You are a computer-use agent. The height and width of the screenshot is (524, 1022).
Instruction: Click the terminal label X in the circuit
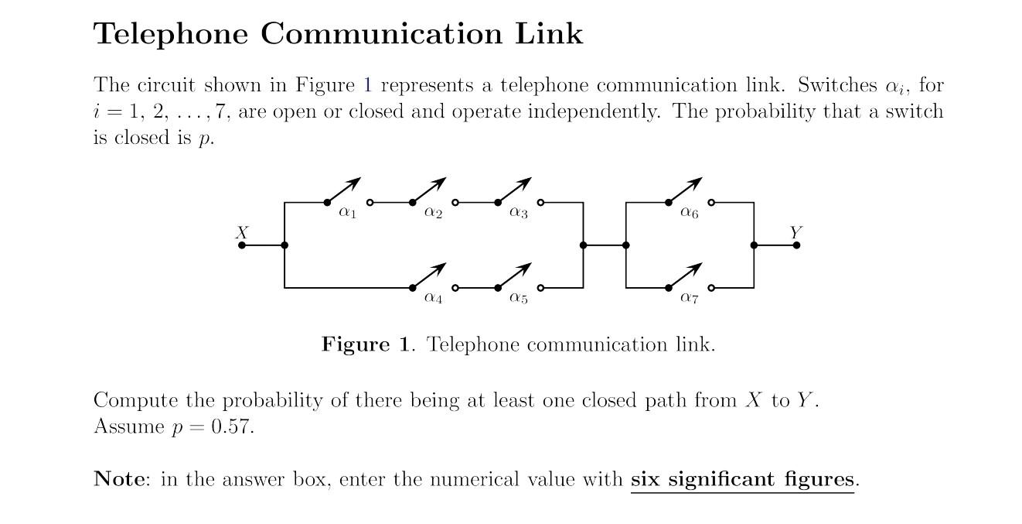tap(242, 231)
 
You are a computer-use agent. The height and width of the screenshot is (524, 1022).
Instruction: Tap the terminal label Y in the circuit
tap(795, 231)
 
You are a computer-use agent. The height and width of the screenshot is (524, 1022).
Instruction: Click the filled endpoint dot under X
tap(242, 245)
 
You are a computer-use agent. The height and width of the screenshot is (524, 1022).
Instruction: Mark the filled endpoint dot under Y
tap(796, 245)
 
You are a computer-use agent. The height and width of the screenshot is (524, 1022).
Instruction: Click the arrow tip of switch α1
tap(359, 180)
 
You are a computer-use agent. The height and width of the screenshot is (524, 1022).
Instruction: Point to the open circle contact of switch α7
tap(711, 288)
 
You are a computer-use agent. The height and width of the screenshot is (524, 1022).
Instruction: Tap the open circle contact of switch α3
tap(540, 203)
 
